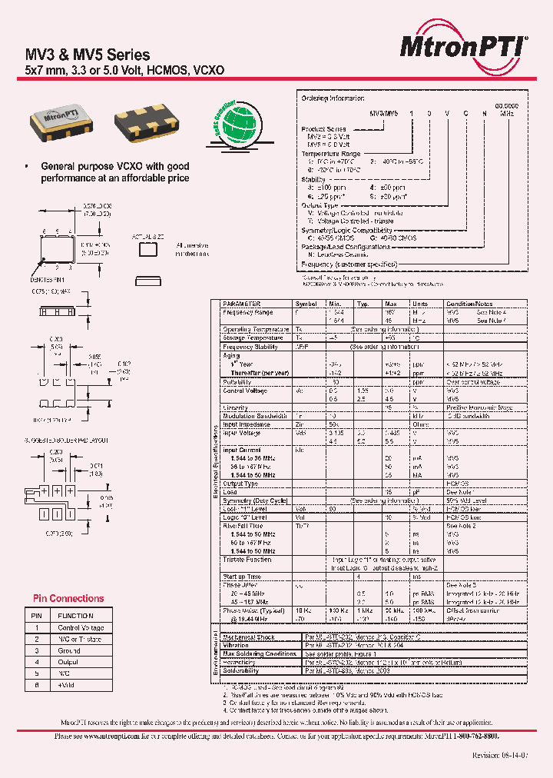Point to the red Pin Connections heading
pos(68,598)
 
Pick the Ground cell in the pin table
pos(69,650)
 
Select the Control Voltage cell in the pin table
pos(81,628)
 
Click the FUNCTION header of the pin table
pos(75,616)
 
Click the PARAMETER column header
pos(241,304)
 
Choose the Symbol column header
pos(306,304)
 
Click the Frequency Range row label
pos(247,313)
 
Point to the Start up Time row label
pos(242,576)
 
